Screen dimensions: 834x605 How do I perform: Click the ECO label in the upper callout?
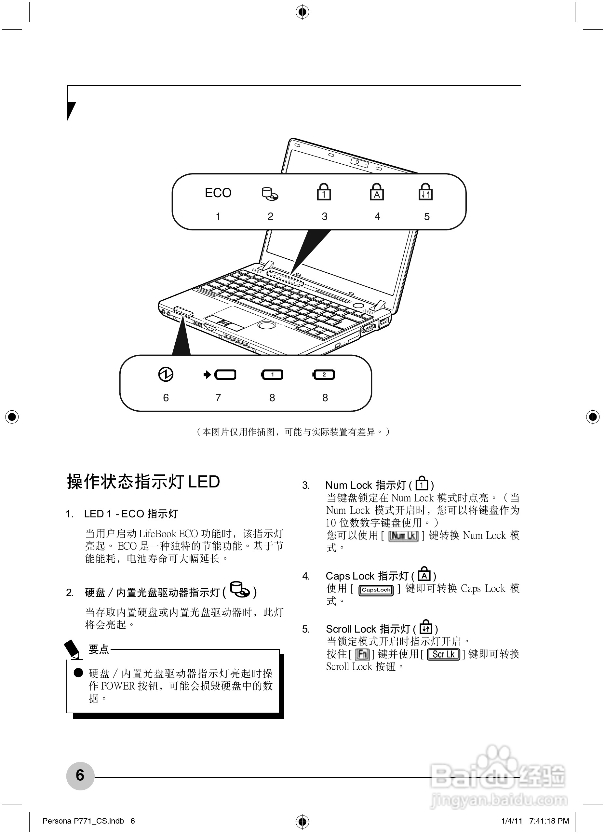click(218, 193)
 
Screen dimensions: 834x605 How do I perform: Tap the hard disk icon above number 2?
click(270, 194)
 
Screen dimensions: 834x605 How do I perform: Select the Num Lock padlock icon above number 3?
click(324, 192)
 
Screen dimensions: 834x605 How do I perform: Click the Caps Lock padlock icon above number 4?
click(377, 192)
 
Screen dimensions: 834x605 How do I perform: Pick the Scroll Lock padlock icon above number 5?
click(426, 192)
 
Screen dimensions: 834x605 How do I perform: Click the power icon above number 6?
click(166, 374)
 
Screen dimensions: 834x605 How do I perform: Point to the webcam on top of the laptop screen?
click(359, 162)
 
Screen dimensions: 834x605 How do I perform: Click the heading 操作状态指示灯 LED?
click(143, 482)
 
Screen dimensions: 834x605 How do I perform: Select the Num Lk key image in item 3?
click(403, 536)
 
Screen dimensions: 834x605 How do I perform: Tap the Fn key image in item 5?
click(362, 654)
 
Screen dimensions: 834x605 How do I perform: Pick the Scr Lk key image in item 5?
click(443, 654)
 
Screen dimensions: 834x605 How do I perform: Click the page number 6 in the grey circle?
click(80, 775)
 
